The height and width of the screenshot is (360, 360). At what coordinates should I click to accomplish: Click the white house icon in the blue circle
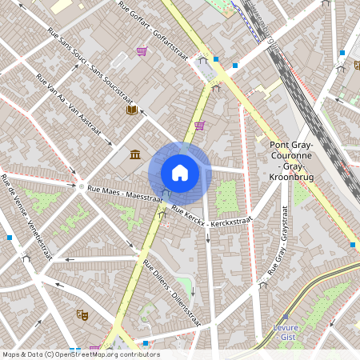180,172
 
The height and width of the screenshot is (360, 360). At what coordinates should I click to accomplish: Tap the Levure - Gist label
287,332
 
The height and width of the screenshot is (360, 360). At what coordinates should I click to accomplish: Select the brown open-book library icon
131,110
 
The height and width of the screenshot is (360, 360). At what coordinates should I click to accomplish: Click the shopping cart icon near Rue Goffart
142,51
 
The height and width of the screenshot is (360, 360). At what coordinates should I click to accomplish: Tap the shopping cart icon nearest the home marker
199,125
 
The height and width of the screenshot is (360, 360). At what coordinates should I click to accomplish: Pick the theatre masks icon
81,314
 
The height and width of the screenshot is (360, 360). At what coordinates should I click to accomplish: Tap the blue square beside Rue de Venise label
10,237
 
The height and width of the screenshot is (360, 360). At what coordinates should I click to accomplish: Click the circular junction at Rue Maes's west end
80,186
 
